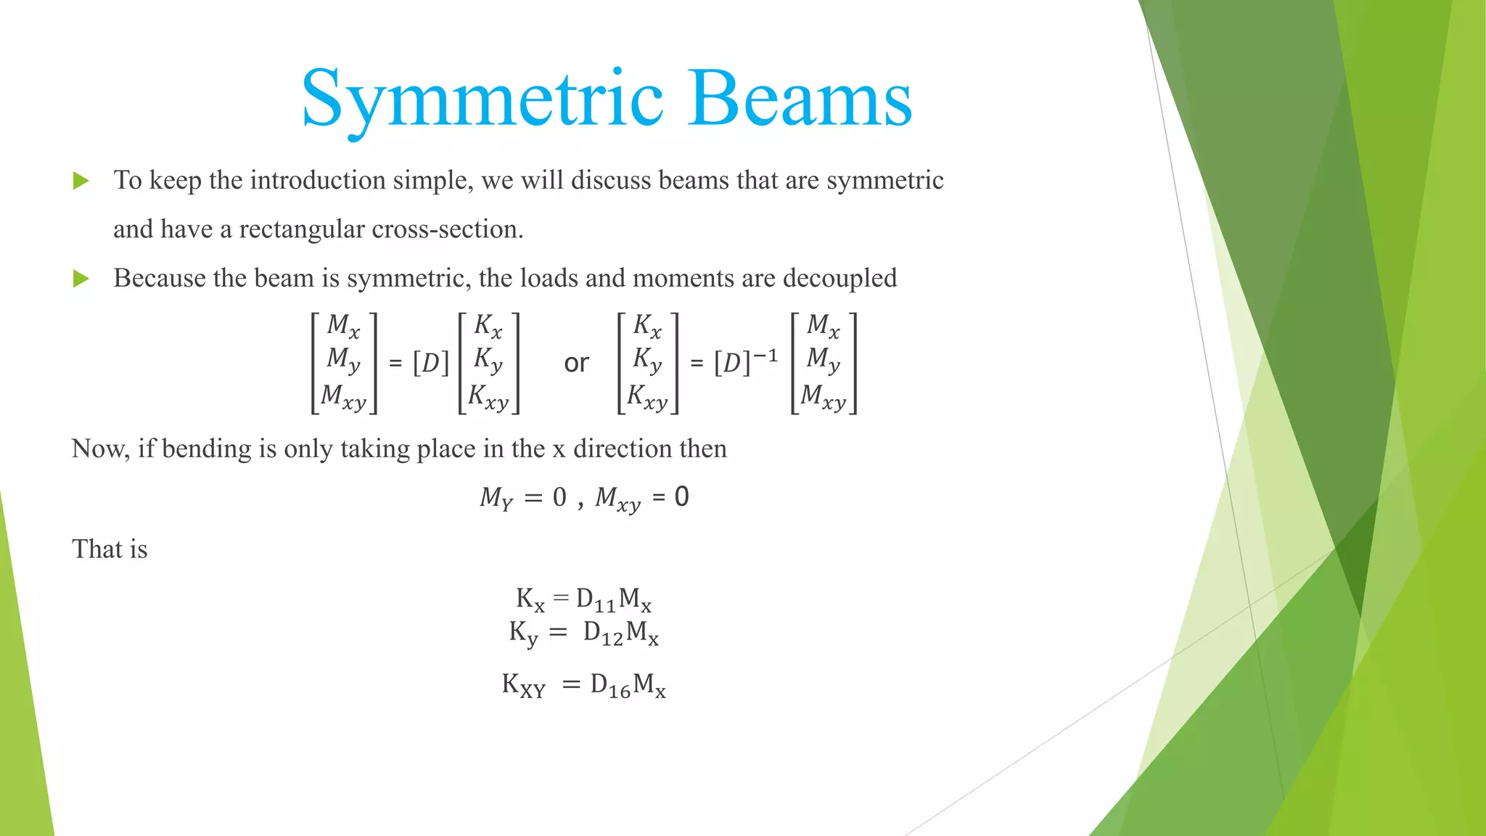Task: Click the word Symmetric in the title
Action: [x=482, y=99]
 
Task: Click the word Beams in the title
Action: [x=801, y=99]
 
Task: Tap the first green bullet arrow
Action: [x=81, y=181]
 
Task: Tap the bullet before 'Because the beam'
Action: [x=81, y=279]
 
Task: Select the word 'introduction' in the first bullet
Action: [x=317, y=180]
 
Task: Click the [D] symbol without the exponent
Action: [x=430, y=363]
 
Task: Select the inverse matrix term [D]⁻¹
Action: [x=745, y=361]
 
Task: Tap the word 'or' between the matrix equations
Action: [x=576, y=363]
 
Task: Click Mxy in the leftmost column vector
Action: [x=343, y=397]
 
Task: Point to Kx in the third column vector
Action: [x=647, y=326]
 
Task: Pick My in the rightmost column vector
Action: [x=824, y=359]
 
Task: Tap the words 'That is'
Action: [x=110, y=549]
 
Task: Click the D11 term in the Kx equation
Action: [x=595, y=600]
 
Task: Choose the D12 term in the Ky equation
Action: [x=603, y=634]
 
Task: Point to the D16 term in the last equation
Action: [x=609, y=686]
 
